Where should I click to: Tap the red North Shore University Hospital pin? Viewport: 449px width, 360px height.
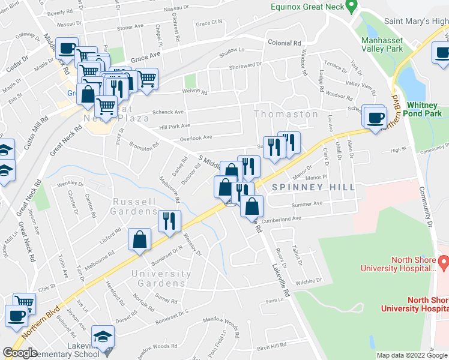444,262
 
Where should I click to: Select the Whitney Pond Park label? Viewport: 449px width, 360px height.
424,109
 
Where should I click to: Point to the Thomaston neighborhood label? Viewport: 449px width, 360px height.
286,114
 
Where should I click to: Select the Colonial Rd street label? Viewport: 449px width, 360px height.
284,43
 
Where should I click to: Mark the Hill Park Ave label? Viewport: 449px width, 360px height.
174,126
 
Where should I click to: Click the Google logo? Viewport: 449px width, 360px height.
20,353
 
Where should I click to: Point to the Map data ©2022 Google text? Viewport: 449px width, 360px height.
411,355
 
